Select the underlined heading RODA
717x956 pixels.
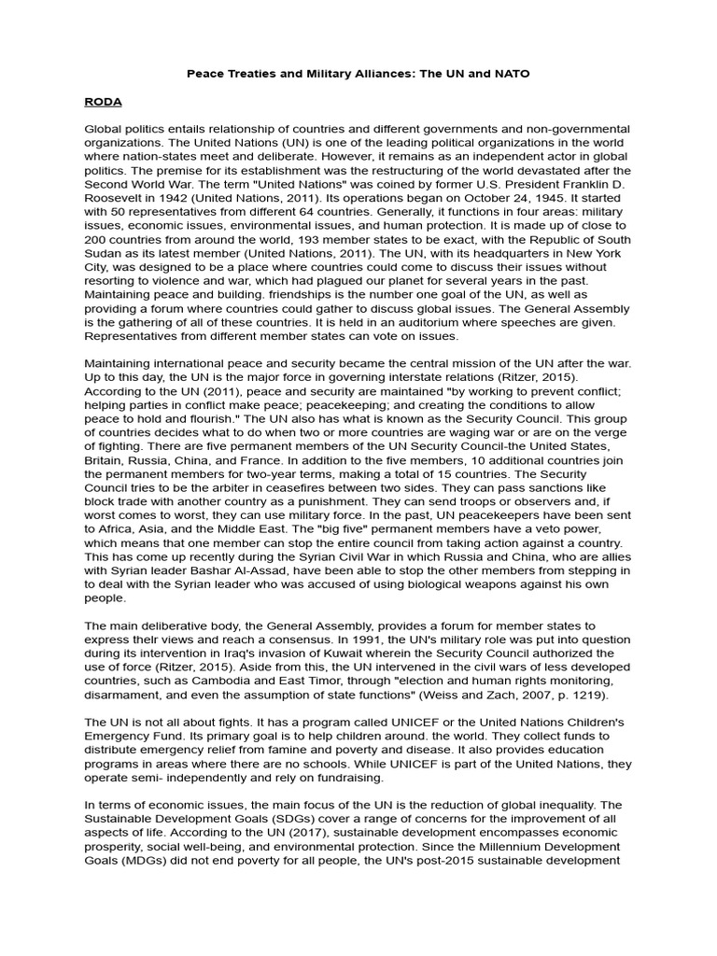coord(104,100)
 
